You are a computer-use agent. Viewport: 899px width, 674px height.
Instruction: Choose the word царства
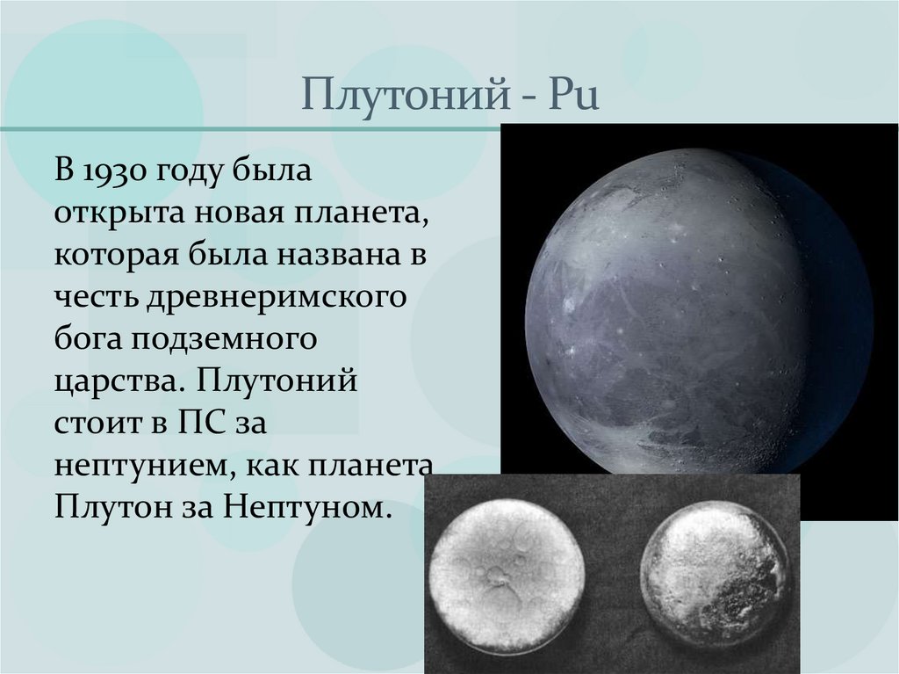[x=119, y=382]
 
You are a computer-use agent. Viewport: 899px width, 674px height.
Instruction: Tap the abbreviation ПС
[x=194, y=424]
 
